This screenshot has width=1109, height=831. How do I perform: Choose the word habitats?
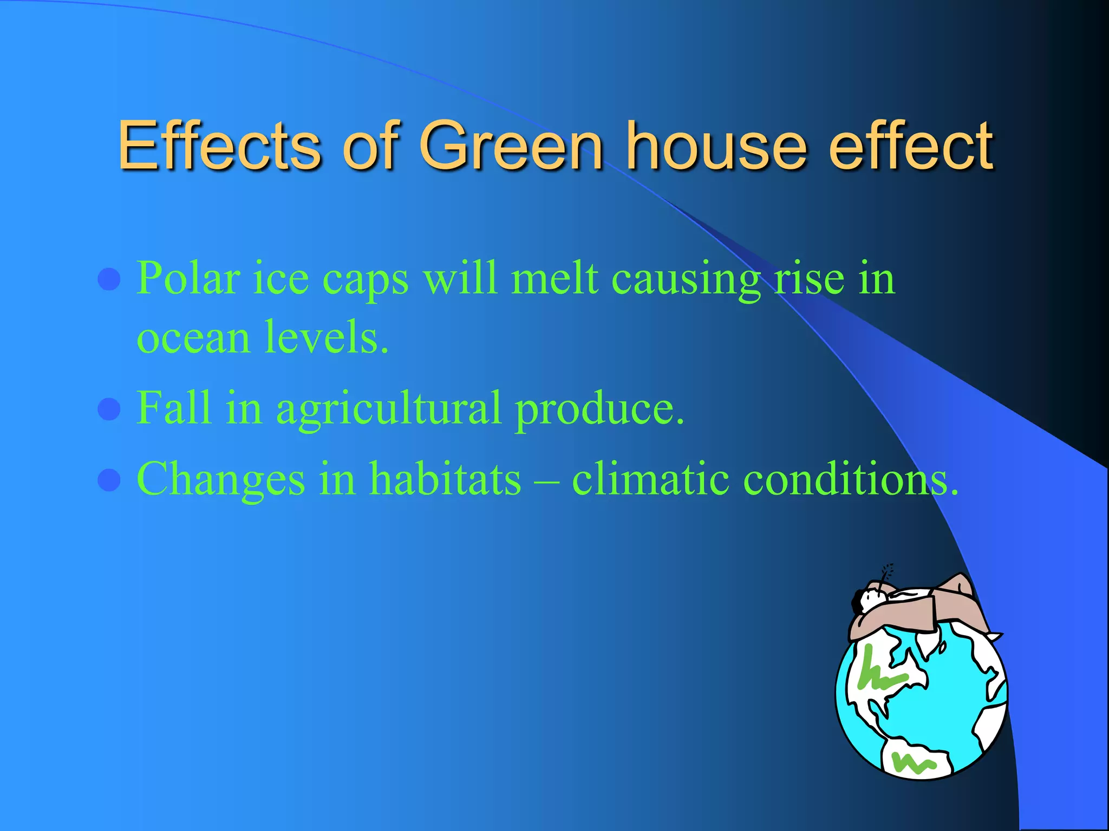pos(445,479)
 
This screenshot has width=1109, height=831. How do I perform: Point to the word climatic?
pos(650,479)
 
